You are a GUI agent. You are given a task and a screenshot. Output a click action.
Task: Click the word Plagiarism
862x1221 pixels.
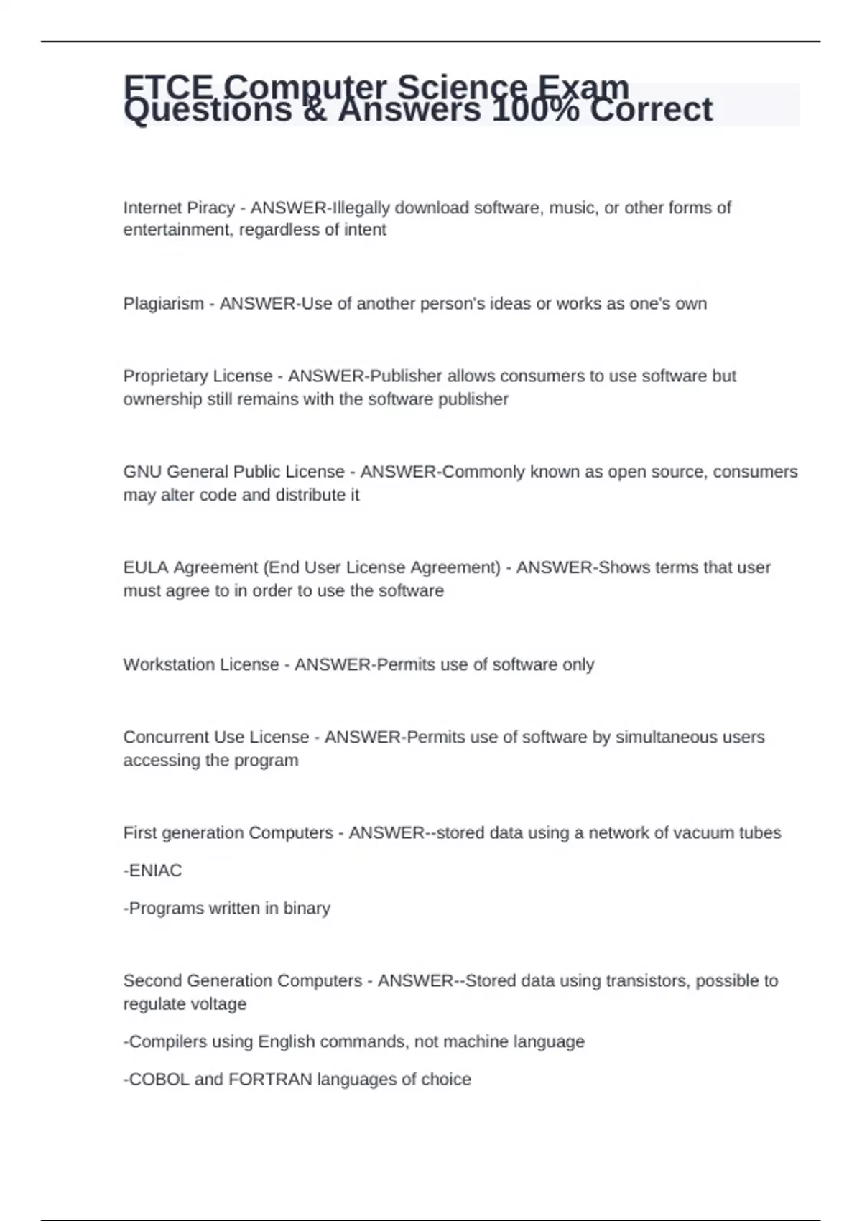(x=163, y=304)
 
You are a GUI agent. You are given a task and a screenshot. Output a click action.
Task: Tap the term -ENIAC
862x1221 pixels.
(x=152, y=871)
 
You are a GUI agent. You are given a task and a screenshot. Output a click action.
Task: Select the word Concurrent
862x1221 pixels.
(x=164, y=737)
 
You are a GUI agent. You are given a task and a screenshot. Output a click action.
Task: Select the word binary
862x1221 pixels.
(x=307, y=909)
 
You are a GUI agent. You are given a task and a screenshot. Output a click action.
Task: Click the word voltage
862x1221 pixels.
(x=215, y=1004)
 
